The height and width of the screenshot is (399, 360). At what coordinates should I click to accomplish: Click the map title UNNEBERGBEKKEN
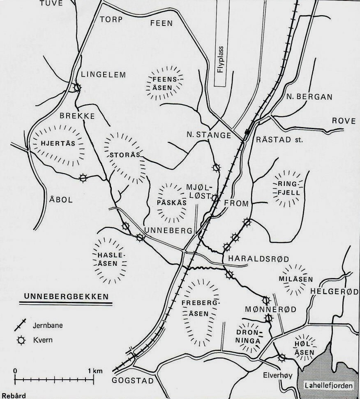[66, 297]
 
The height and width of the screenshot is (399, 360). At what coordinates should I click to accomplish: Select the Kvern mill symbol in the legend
[17, 341]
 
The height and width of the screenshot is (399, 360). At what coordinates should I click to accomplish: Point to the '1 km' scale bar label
[96, 371]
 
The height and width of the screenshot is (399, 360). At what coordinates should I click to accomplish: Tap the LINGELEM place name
[104, 74]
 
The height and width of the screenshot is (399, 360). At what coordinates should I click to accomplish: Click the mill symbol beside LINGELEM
[77, 88]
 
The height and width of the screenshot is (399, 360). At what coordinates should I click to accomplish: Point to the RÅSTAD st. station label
[279, 140]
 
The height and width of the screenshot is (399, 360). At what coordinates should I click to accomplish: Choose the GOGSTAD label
[132, 381]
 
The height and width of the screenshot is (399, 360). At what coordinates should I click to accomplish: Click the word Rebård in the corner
[13, 396]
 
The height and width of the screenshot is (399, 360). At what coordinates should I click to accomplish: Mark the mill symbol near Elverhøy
[282, 358]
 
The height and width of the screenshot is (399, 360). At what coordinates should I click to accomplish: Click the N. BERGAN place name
[309, 97]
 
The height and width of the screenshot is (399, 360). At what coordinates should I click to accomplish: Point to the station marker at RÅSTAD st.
[247, 132]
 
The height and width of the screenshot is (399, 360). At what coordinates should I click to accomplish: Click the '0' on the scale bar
[15, 371]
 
